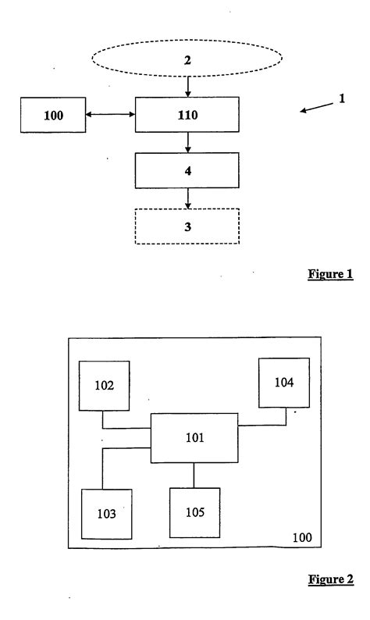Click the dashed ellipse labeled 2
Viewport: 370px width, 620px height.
coord(187,59)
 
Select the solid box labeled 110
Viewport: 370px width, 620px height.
coord(187,116)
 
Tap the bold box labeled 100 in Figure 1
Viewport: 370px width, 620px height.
coord(53,116)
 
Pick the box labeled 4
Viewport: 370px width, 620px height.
coord(187,169)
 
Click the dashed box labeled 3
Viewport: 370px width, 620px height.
coord(187,226)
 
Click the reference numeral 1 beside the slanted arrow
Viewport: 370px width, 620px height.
coord(341,101)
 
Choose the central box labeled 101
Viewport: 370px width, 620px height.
coord(194,438)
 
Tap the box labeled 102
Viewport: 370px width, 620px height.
coord(105,384)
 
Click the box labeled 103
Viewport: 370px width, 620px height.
coord(107,514)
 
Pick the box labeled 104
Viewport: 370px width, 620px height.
coord(284,382)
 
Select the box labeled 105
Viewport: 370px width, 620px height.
coord(194,512)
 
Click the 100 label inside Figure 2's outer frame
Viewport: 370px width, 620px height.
coord(302,538)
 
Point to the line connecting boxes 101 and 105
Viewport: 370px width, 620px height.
coord(194,475)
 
